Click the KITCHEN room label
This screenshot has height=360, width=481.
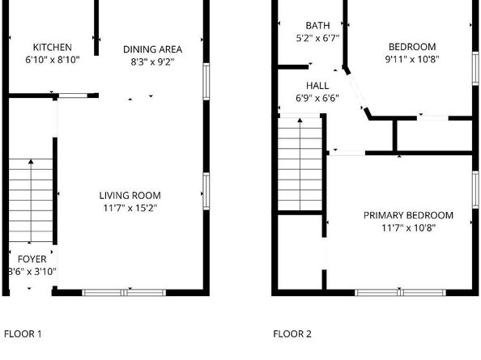click(52, 48)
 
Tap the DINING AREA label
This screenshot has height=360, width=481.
click(152, 49)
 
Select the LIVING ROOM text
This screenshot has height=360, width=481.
click(130, 195)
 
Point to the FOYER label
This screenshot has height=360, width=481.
click(32, 259)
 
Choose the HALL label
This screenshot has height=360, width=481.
click(317, 85)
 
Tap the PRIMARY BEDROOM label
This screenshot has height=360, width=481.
click(407, 215)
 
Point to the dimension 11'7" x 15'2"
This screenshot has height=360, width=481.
click(130, 208)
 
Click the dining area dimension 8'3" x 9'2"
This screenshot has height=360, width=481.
click(152, 61)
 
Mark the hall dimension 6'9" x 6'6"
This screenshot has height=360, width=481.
click(317, 98)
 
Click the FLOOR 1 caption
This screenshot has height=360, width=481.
click(23, 333)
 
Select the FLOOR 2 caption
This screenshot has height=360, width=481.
click(292, 333)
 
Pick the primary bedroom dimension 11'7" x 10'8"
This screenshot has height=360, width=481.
click(407, 228)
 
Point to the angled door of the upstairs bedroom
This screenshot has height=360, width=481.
click(357, 94)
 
